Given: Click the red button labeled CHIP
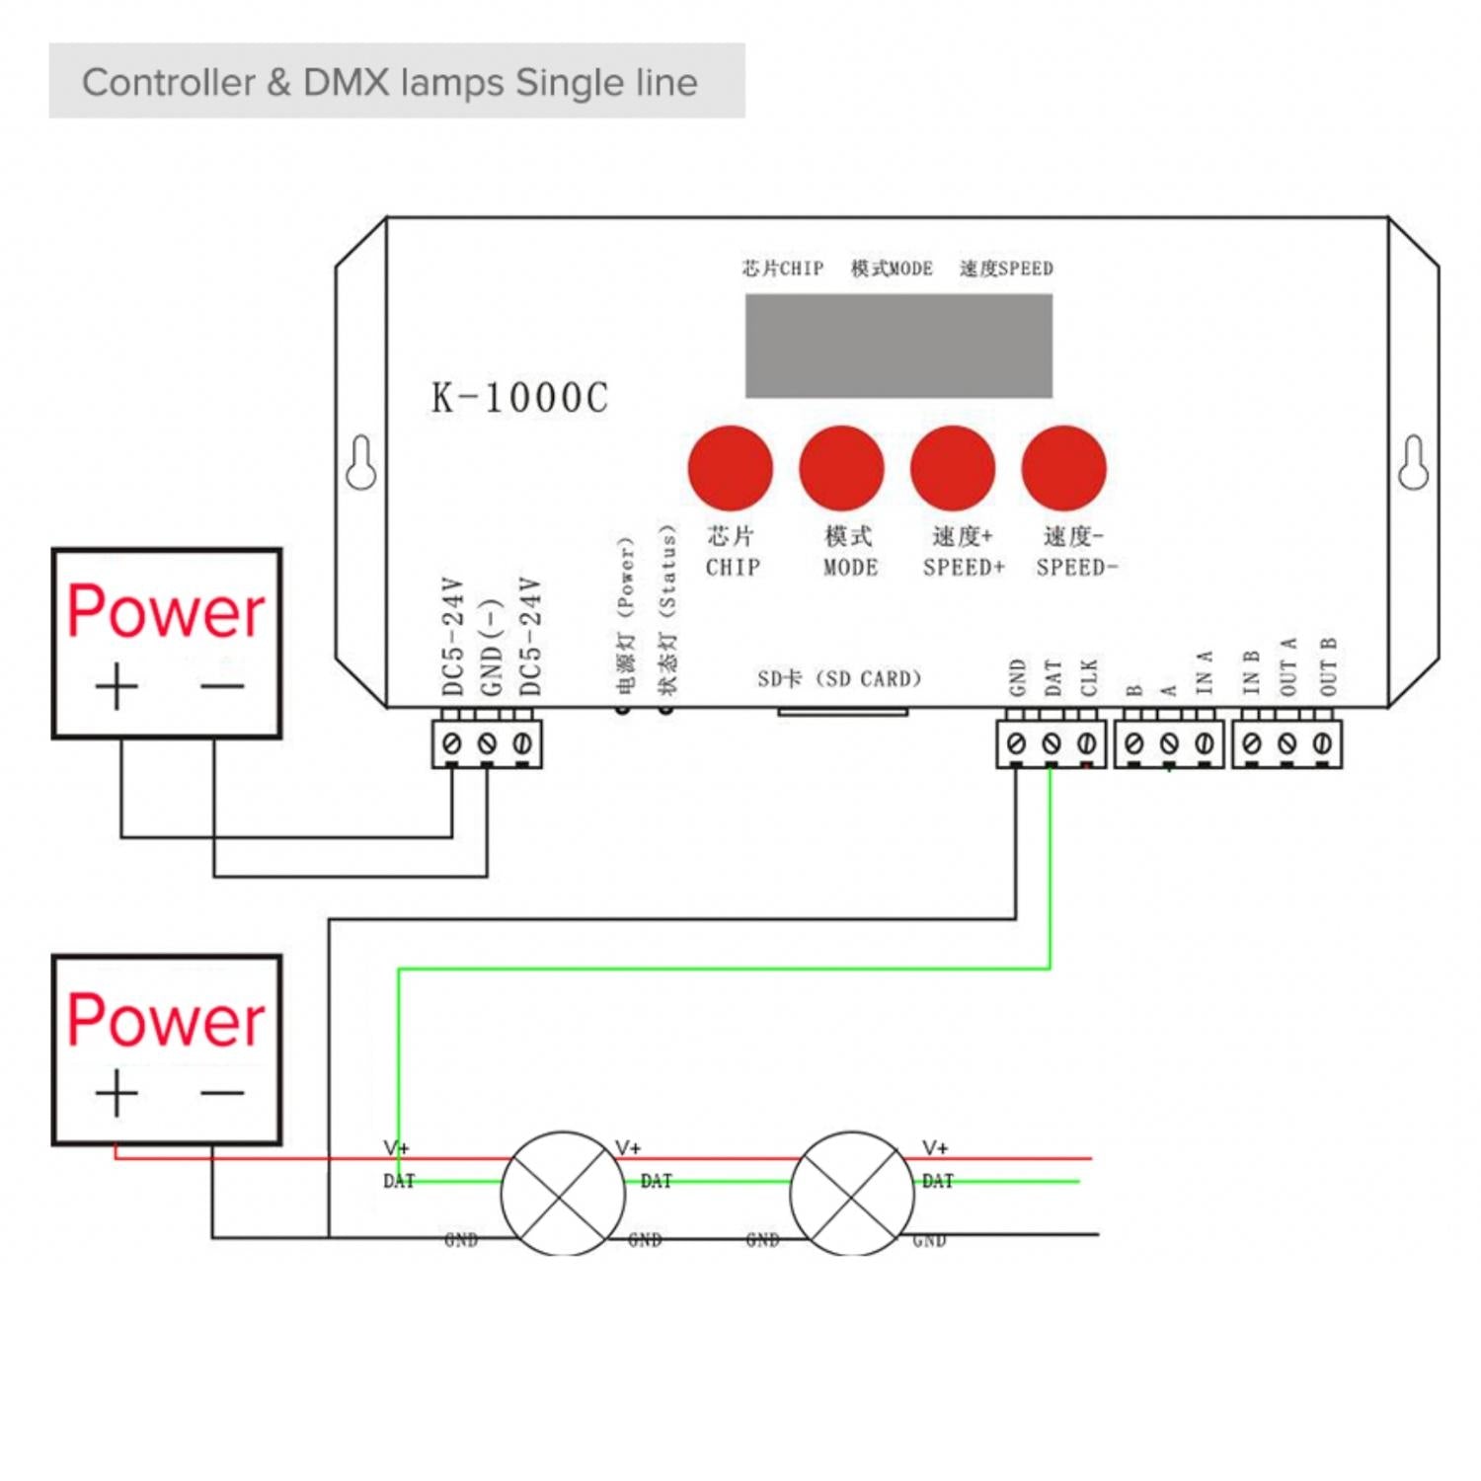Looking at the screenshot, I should tap(730, 468).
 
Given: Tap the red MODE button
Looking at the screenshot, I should tap(841, 468).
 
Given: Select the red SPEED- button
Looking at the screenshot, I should tap(1063, 468).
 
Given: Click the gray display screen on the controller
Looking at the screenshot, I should tap(897, 346).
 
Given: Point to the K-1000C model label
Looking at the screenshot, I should tap(519, 398).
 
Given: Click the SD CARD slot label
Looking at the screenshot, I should tap(839, 679).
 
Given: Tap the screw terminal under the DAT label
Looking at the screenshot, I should tap(1052, 743).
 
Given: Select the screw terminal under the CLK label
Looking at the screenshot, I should tap(1086, 743).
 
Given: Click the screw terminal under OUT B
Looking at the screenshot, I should tap(1322, 743).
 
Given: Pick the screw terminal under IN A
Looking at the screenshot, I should tap(1204, 743).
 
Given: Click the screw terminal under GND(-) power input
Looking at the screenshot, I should tap(487, 743).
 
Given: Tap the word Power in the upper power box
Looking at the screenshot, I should tap(166, 612).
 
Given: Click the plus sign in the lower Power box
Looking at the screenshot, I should tap(117, 1093).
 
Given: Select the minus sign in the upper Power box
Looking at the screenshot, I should tap(222, 685).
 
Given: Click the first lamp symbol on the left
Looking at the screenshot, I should tap(563, 1193).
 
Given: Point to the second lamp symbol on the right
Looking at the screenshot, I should tap(852, 1193).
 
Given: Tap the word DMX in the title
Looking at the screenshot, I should tap(348, 83).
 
